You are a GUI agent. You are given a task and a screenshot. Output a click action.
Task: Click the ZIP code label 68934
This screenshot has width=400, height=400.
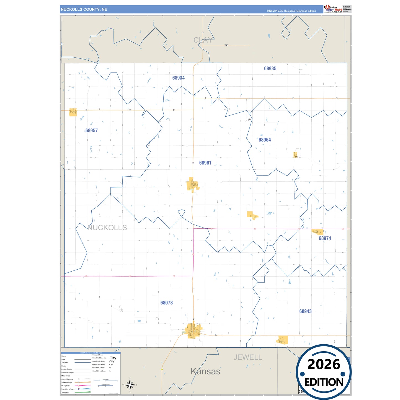click(178, 78)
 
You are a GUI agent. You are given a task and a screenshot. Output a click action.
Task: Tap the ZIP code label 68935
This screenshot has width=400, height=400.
click(270, 69)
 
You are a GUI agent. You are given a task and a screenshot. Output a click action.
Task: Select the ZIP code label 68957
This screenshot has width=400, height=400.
click(91, 131)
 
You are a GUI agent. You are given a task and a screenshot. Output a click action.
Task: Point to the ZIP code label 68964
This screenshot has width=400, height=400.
click(264, 140)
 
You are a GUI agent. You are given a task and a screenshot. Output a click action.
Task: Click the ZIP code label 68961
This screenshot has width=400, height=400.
click(205, 163)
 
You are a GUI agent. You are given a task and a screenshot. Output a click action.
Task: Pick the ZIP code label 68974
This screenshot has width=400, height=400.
click(325, 238)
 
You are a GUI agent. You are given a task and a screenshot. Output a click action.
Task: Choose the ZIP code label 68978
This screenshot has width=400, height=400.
click(166, 303)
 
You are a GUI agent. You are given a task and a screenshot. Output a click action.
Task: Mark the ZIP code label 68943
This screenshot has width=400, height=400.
click(305, 311)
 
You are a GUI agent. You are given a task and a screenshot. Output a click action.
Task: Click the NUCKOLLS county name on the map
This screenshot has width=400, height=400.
click(107, 228)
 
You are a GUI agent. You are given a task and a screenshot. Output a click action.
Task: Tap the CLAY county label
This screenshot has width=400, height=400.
click(203, 40)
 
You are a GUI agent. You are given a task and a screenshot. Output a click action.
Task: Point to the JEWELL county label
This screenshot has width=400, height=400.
click(248, 357)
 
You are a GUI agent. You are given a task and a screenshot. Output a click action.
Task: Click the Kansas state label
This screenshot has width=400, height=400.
click(205, 371)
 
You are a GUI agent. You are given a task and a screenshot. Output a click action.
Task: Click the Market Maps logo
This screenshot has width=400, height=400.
click(333, 9)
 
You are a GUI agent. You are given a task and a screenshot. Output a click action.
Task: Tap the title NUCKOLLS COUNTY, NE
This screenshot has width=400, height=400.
click(84, 9)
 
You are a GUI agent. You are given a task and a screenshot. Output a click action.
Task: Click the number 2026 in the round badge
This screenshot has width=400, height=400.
click(324, 365)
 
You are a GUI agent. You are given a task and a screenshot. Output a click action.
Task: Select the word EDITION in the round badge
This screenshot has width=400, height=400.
click(324, 382)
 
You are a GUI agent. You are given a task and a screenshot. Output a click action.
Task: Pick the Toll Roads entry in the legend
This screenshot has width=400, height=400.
click(65, 392)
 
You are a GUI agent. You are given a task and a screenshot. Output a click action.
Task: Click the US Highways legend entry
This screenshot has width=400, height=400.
click(66, 386)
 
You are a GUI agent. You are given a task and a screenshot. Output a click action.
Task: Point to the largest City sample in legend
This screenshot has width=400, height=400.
click(113, 358)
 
